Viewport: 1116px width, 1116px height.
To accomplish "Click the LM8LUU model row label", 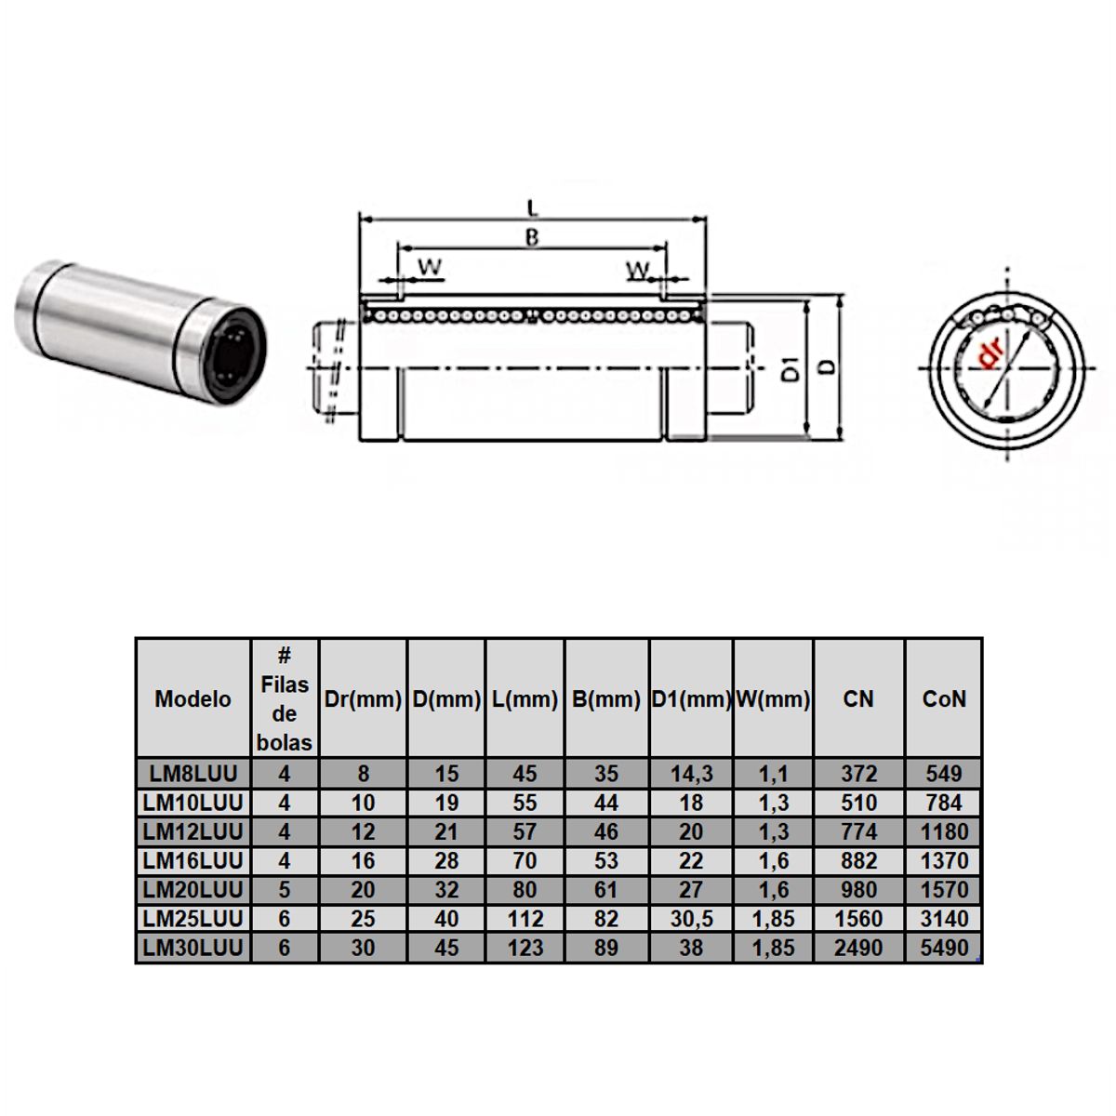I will [x=193, y=774].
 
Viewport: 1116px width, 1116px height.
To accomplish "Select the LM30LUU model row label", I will [x=193, y=948].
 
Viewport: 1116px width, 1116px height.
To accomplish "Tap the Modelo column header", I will [x=193, y=699].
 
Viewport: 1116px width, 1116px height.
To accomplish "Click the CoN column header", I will [x=944, y=699].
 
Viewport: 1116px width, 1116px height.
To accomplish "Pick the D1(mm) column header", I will [x=691, y=699].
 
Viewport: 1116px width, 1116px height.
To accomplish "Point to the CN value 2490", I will [x=858, y=948].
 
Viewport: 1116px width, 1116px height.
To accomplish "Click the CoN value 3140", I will [x=944, y=919].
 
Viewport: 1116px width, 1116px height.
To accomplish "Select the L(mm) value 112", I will [x=525, y=919].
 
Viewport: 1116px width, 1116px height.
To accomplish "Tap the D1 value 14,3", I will [x=691, y=774].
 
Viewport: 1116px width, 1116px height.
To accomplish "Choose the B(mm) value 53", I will [x=605, y=861].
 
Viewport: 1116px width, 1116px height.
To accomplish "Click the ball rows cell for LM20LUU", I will [x=285, y=890].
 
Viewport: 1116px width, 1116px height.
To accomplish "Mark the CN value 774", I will [x=858, y=831].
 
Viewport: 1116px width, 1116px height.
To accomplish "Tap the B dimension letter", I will [x=532, y=238].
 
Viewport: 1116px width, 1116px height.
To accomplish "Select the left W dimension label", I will [x=430, y=268].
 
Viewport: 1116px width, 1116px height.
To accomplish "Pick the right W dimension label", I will [x=638, y=271].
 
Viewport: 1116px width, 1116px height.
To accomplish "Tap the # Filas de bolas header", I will [x=285, y=699].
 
